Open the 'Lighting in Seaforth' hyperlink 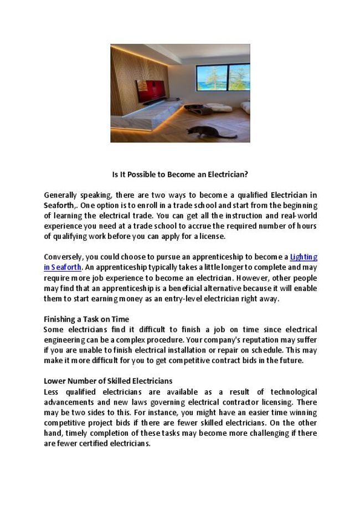(304, 257)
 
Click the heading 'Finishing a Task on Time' (86, 319)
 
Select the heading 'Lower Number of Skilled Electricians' (108, 381)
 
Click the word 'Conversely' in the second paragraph (63, 257)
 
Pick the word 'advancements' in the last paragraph (66, 402)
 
